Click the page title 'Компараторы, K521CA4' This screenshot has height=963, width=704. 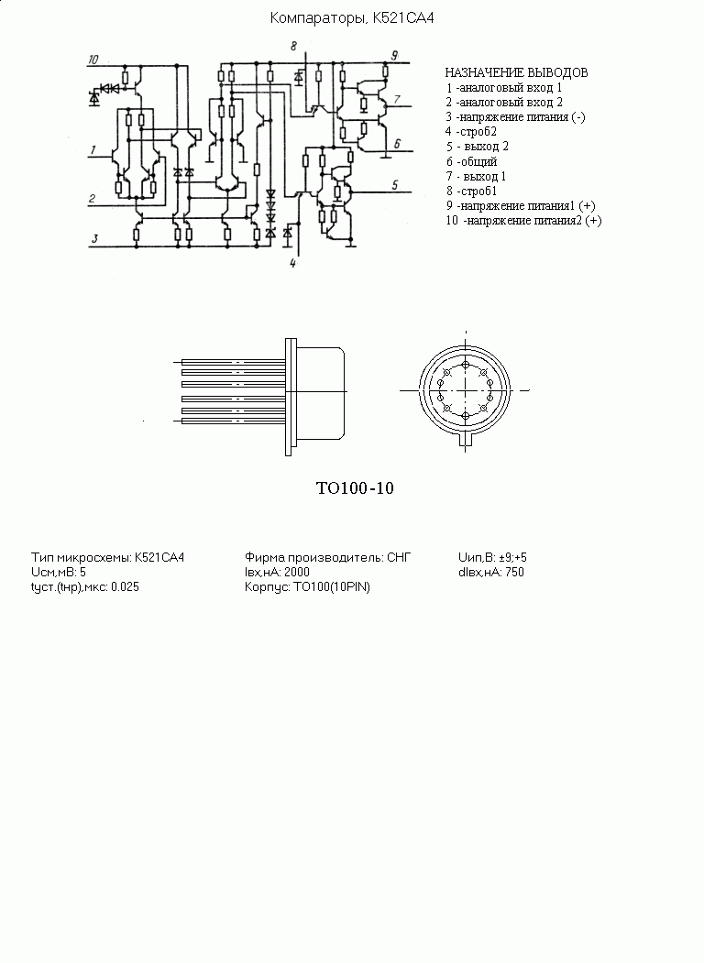[352, 18]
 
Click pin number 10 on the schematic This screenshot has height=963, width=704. [93, 60]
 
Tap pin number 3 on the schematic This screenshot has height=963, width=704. [94, 238]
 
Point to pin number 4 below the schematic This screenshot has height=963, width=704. [292, 264]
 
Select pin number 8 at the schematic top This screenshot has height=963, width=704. [293, 46]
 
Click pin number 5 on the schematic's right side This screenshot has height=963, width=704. [395, 184]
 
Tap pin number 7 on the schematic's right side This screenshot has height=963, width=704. [397, 99]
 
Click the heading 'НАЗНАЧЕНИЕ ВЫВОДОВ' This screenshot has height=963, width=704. [516, 72]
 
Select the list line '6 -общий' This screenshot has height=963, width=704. [471, 161]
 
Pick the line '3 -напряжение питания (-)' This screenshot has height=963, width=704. [515, 116]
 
